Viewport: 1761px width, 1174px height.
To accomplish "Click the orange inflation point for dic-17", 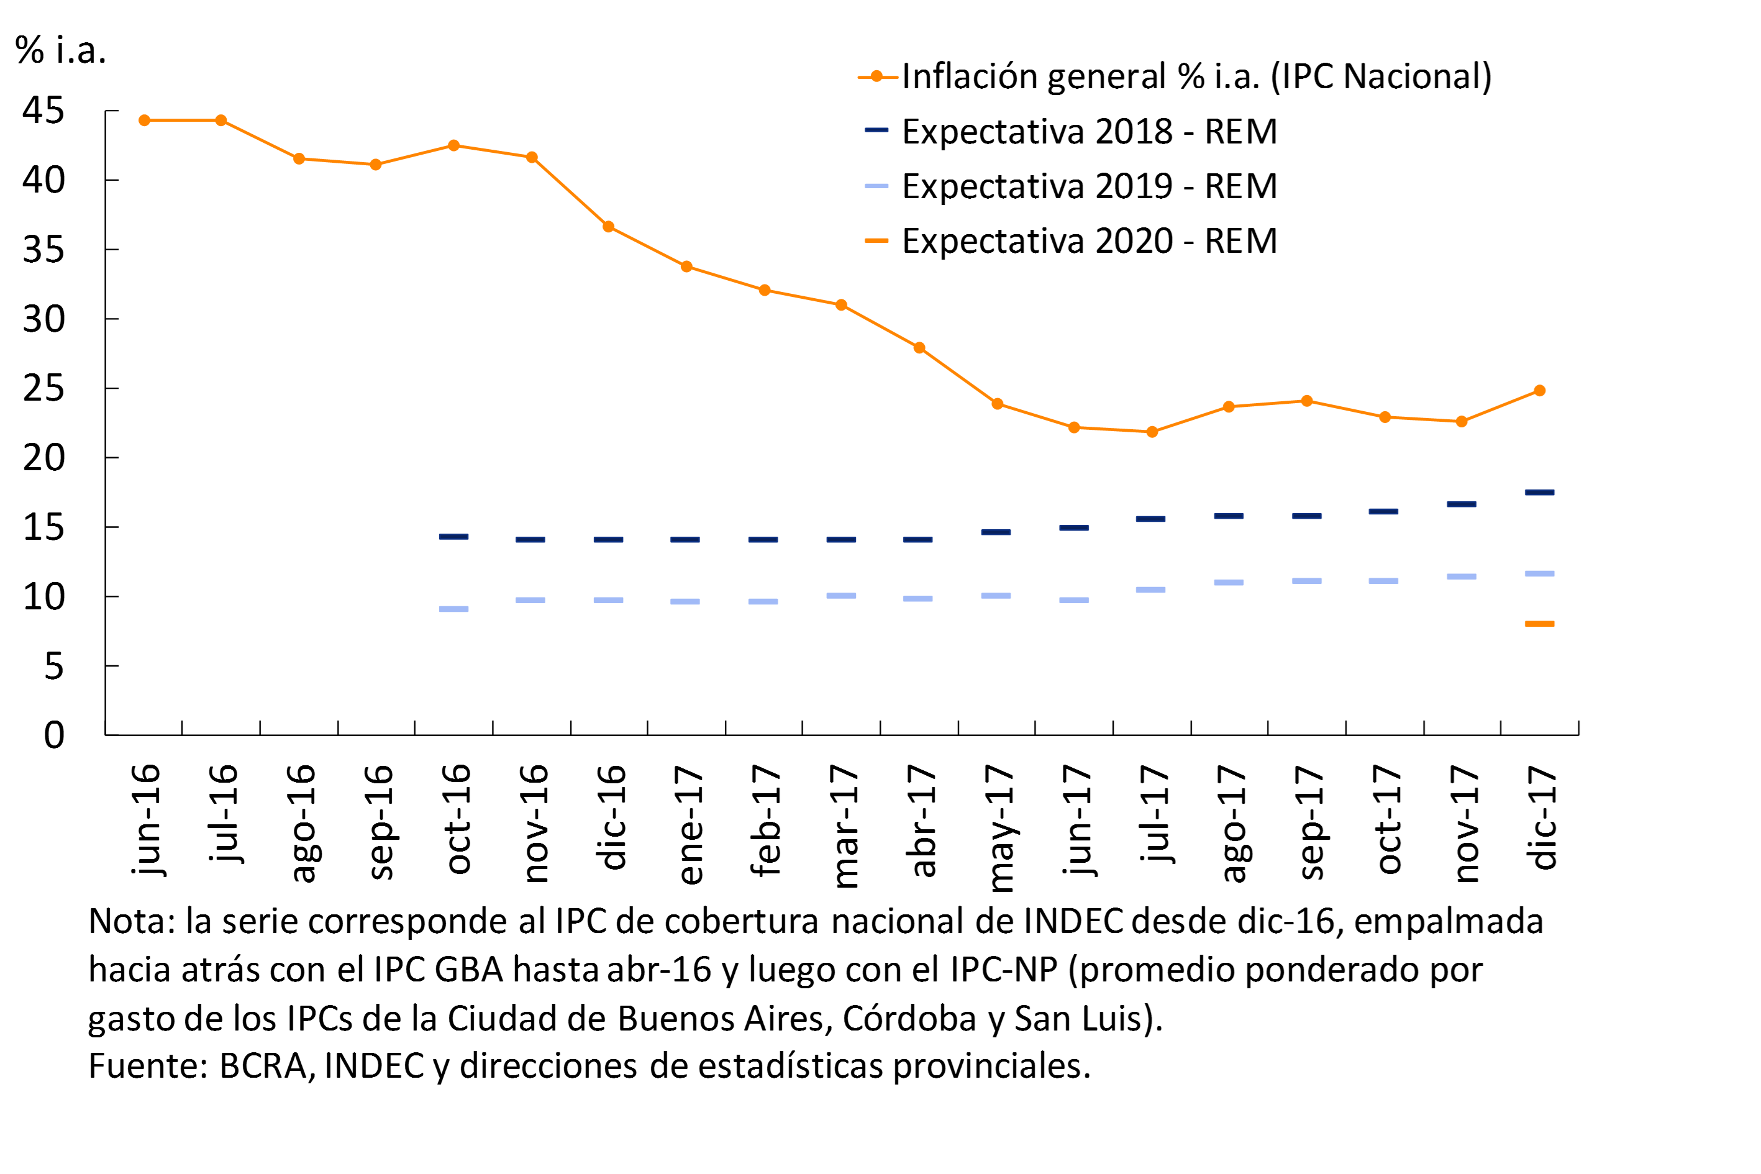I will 1539,391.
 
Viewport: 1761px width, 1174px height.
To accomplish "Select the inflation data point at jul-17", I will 1152,432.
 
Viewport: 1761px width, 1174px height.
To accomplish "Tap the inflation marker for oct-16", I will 453,145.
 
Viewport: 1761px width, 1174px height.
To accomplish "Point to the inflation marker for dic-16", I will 609,227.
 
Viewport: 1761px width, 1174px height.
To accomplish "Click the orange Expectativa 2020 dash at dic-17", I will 1539,624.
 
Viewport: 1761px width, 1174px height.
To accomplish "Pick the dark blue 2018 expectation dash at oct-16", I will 453,537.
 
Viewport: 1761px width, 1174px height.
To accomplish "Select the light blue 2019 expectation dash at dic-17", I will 1539,573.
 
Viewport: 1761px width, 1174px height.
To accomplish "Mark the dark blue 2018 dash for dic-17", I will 1539,493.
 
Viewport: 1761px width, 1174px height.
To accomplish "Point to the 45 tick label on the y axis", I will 43,111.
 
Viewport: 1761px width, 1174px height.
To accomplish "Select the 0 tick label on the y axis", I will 54,735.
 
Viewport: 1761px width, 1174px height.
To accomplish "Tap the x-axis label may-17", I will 1000,827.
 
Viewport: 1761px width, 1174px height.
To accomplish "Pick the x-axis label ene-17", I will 689,824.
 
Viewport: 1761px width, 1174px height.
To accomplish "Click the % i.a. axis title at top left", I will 60,51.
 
